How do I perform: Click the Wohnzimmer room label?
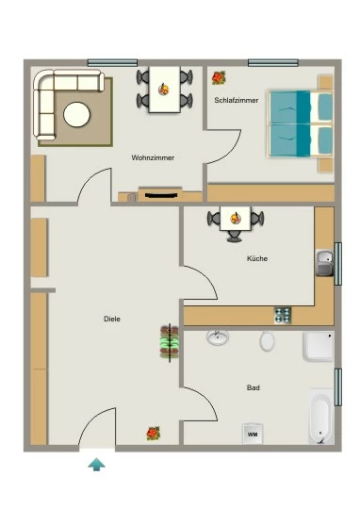coord(153,157)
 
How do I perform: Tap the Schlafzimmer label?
coord(237,100)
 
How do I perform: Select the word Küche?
coord(257,258)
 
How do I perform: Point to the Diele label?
coord(112,319)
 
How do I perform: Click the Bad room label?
coord(254,387)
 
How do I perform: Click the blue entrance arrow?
coord(96,464)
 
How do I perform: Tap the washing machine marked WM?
coord(253,434)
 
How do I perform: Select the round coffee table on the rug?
coord(77,114)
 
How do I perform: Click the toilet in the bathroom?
coord(267,341)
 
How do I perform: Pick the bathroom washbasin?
coord(218,337)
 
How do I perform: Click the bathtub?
coord(320,417)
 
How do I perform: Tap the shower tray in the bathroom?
coord(319,346)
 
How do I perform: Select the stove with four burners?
coord(283,316)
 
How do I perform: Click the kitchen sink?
coord(324,263)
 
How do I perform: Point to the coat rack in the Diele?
coord(170,342)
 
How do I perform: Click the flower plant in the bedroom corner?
coord(219,78)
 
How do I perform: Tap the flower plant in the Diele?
coord(154,434)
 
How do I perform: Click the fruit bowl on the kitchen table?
coord(236,218)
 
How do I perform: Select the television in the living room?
coord(161,195)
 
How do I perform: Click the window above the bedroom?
coord(273,62)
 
